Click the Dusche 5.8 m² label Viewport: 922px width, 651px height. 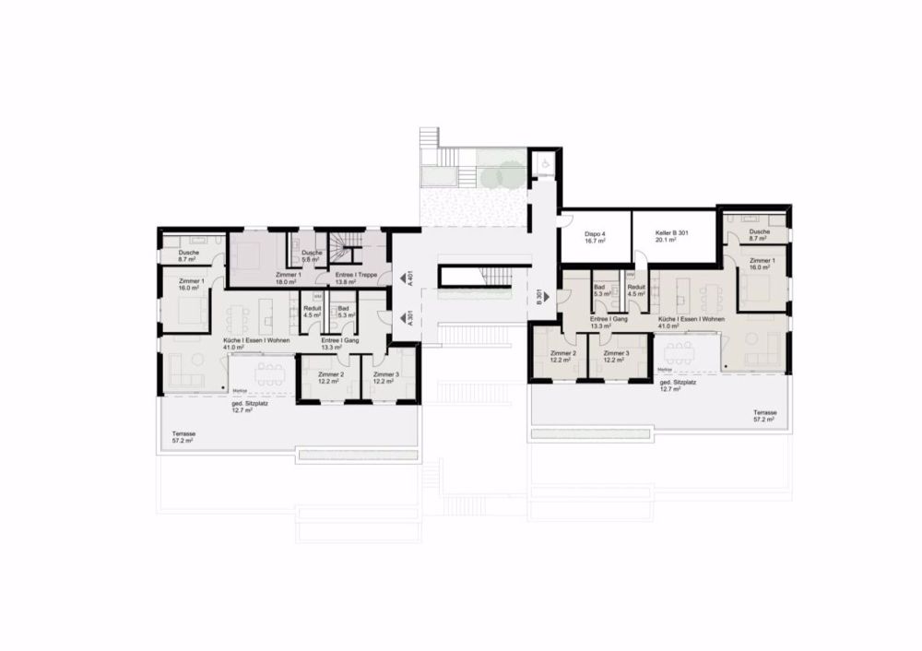[312, 255]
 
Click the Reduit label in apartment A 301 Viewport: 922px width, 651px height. [311, 311]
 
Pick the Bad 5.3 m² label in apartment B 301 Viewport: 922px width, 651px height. [601, 291]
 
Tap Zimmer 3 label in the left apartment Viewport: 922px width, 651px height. [385, 377]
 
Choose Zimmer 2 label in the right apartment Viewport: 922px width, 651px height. [562, 356]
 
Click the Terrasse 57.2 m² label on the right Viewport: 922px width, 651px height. [762, 415]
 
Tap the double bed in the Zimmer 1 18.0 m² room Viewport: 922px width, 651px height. [254, 253]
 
